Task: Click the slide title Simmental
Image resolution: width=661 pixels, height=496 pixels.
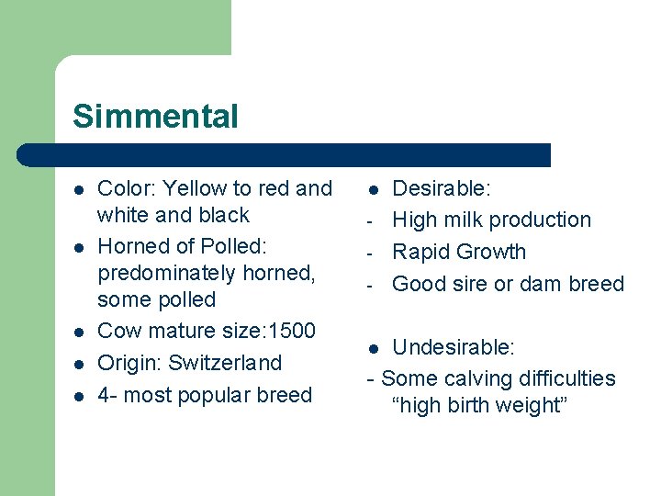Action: pyautogui.click(x=155, y=117)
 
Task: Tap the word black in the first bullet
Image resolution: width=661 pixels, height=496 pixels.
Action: pyautogui.click(x=225, y=215)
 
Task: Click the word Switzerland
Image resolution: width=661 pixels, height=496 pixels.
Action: pyautogui.click(x=224, y=363)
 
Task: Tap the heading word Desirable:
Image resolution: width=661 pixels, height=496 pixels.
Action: pyautogui.click(x=442, y=188)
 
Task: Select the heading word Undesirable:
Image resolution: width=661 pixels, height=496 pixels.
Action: pyautogui.click(x=454, y=347)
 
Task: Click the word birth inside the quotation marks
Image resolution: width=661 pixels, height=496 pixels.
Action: pyautogui.click(x=474, y=405)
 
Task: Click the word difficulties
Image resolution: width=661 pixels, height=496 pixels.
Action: pyautogui.click(x=566, y=378)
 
